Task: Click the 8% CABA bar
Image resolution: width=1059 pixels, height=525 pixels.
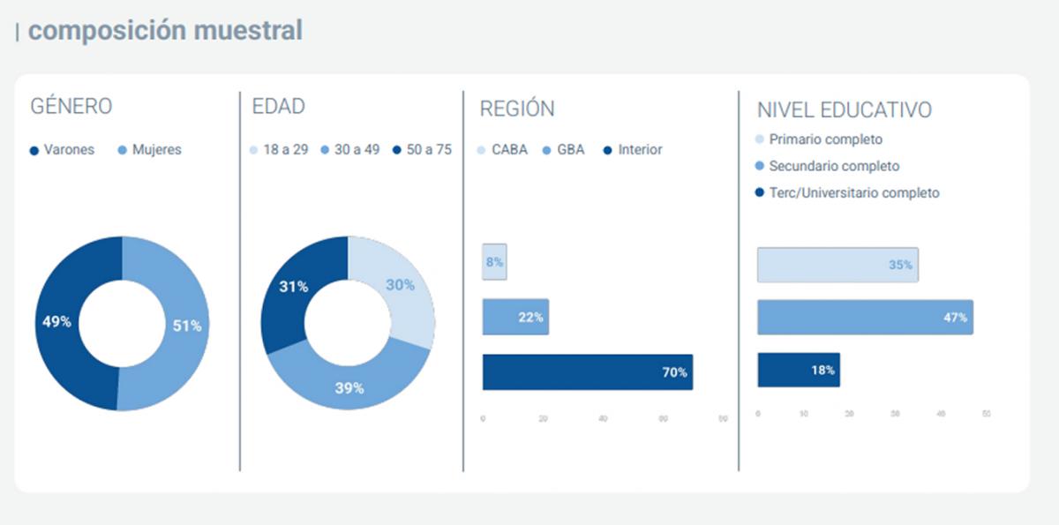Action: point(494,262)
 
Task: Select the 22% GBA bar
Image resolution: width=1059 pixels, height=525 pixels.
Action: point(515,317)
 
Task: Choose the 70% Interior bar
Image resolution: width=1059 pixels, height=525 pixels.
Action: point(587,371)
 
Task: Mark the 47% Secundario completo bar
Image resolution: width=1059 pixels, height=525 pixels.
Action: point(865,317)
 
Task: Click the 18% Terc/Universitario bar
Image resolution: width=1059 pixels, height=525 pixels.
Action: point(798,370)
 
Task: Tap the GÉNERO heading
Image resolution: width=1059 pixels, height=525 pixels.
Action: point(71,107)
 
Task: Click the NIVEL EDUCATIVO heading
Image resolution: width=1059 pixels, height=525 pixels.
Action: point(845,110)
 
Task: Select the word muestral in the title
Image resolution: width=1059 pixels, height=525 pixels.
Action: point(249,31)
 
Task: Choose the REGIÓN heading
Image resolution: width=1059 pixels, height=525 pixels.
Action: point(517,109)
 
